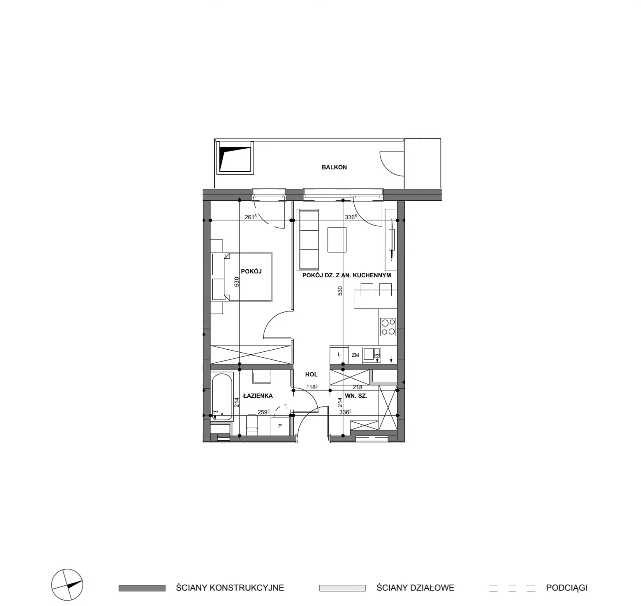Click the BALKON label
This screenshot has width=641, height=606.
[x=334, y=167]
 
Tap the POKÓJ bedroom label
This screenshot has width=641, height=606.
[x=251, y=271]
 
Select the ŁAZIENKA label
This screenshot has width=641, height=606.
[x=258, y=396]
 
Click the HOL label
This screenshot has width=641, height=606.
[x=311, y=374]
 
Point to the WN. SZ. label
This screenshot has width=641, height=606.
[x=356, y=396]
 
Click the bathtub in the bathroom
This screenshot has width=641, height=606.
[x=222, y=397]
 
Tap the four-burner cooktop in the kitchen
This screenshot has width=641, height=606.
[x=388, y=327]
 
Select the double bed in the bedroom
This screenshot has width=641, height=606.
[x=242, y=276]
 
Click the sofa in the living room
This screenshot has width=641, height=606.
[x=308, y=240]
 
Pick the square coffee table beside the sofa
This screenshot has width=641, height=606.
[x=337, y=240]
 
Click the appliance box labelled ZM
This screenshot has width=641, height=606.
[x=356, y=355]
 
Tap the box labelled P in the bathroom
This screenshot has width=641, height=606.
[x=280, y=426]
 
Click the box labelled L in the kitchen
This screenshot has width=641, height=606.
[x=340, y=355]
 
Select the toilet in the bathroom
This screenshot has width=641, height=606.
[x=252, y=424]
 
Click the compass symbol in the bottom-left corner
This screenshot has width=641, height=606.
[x=67, y=585]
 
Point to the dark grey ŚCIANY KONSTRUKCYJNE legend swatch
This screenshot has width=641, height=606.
[x=142, y=588]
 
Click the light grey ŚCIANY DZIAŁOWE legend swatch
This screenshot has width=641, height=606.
[x=342, y=588]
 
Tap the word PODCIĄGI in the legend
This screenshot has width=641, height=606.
[x=567, y=588]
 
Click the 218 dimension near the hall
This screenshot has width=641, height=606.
[x=357, y=387]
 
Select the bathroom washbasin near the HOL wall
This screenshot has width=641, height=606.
[x=261, y=377]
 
